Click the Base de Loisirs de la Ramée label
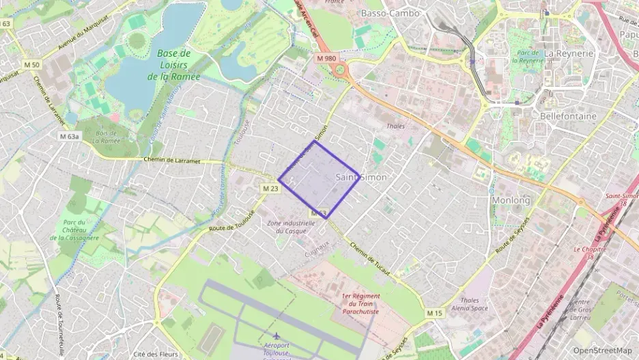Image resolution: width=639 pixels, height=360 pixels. pyautogui.click(x=173, y=65)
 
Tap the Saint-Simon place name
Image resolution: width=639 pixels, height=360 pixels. pyautogui.click(x=361, y=177)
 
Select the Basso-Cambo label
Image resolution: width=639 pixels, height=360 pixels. pyautogui.click(x=390, y=13)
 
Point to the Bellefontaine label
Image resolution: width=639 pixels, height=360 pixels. pyautogui.click(x=568, y=116)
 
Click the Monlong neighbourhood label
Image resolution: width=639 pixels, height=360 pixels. pyautogui.click(x=511, y=200)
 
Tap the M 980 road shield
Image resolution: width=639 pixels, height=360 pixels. pyautogui.click(x=326, y=59)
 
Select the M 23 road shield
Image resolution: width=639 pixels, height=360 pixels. pyautogui.click(x=270, y=188)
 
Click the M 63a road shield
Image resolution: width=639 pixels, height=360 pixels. pyautogui.click(x=69, y=136)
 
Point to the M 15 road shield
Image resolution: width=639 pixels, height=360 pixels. pyautogui.click(x=435, y=313)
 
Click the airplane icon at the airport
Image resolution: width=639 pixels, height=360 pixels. pyautogui.click(x=276, y=336)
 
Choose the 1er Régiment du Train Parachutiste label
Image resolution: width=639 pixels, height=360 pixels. pyautogui.click(x=360, y=303)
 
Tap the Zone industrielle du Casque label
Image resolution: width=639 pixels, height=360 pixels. pyautogui.click(x=290, y=227)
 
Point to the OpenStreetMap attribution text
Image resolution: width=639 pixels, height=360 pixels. pyautogui.click(x=602, y=351)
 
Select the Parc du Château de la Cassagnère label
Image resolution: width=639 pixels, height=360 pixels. pyautogui.click(x=74, y=230)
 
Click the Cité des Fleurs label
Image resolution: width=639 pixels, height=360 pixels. pyautogui.click(x=156, y=354)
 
